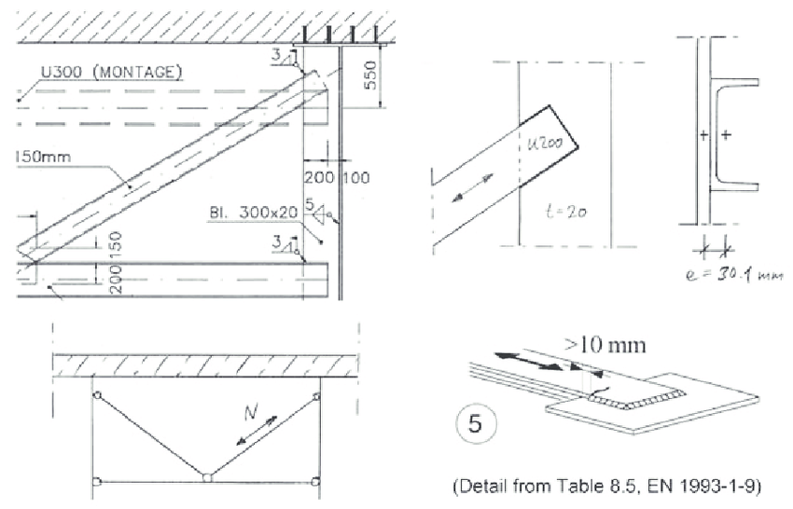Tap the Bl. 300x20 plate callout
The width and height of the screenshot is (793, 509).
[x=253, y=213]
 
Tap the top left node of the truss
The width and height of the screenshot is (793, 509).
[x=96, y=395]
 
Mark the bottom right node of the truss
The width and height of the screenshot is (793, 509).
[x=316, y=481]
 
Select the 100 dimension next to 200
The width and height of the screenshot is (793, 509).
[x=357, y=177]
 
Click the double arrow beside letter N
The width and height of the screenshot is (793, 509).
[x=260, y=430]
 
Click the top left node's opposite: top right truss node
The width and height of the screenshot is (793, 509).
[x=316, y=396]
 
